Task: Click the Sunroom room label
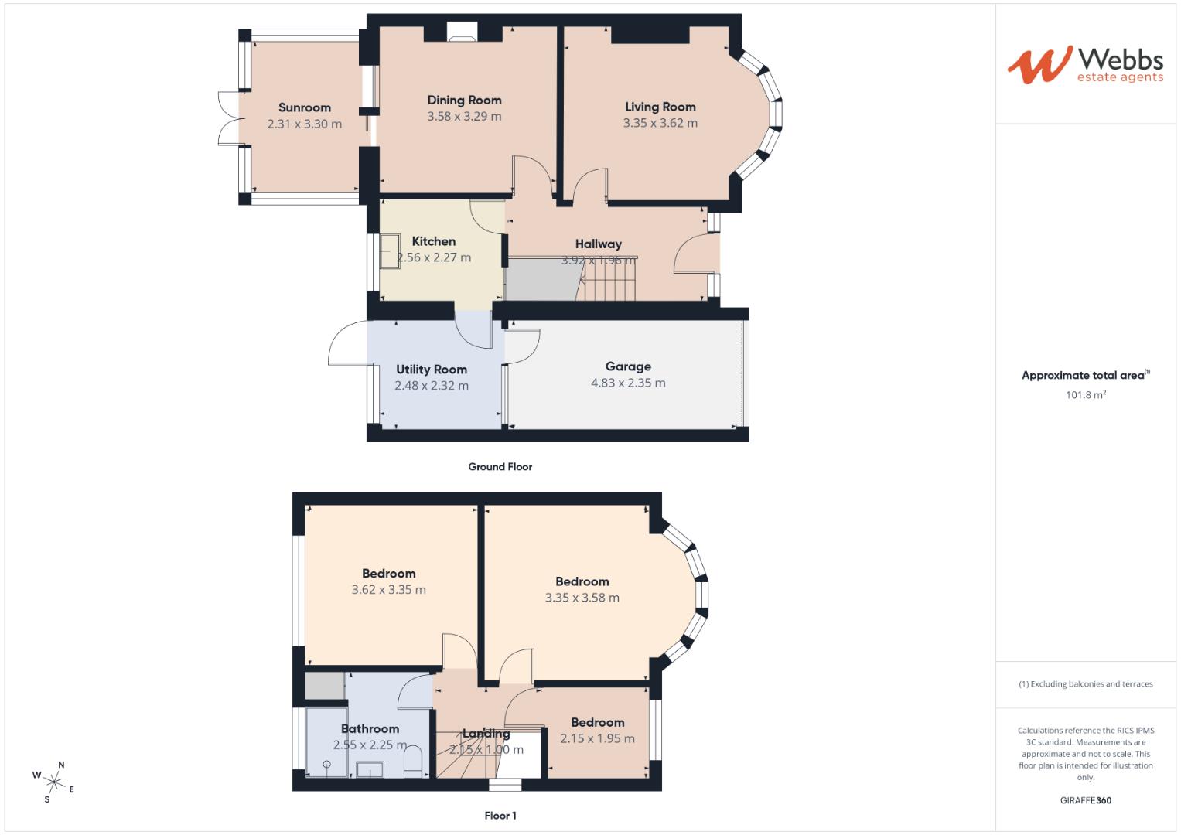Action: point(304,107)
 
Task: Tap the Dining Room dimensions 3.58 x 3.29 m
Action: point(464,117)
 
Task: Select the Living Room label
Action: point(660,107)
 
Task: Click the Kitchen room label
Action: point(433,241)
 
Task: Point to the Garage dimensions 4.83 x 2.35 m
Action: point(628,383)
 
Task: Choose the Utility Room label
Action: point(432,370)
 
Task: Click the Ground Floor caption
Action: point(500,467)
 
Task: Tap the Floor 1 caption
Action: point(500,816)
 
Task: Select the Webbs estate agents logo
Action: point(1084,65)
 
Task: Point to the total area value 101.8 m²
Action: point(1085,395)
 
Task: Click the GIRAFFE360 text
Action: point(1085,800)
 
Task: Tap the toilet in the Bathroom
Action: point(413,761)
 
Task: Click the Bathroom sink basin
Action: point(370,769)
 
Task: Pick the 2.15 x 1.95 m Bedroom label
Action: point(597,723)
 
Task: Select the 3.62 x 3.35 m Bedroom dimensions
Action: point(388,590)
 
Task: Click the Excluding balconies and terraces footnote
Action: point(1085,684)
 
